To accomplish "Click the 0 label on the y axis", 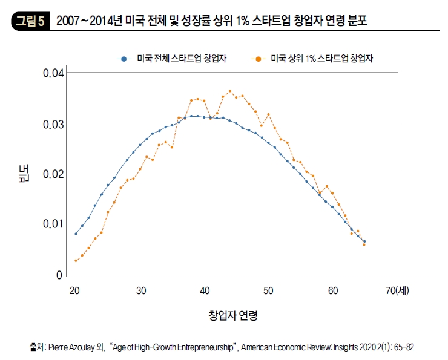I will pyautogui.click(x=60, y=275).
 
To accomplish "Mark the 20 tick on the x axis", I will pyautogui.click(x=75, y=290).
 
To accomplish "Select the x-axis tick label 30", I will pyautogui.click(x=140, y=290).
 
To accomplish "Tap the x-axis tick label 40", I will pyautogui.click(x=206, y=290).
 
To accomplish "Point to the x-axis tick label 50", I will pyautogui.click(x=268, y=290).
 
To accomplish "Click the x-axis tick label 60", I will pyautogui.click(x=333, y=290).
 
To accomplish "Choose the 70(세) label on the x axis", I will pyautogui.click(x=397, y=290).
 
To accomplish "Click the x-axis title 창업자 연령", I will pyautogui.click(x=233, y=315).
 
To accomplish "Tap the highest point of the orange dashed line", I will pyautogui.click(x=230, y=91).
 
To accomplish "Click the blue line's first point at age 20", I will pyautogui.click(x=76, y=234).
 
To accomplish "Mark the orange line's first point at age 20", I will pyautogui.click(x=76, y=260).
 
